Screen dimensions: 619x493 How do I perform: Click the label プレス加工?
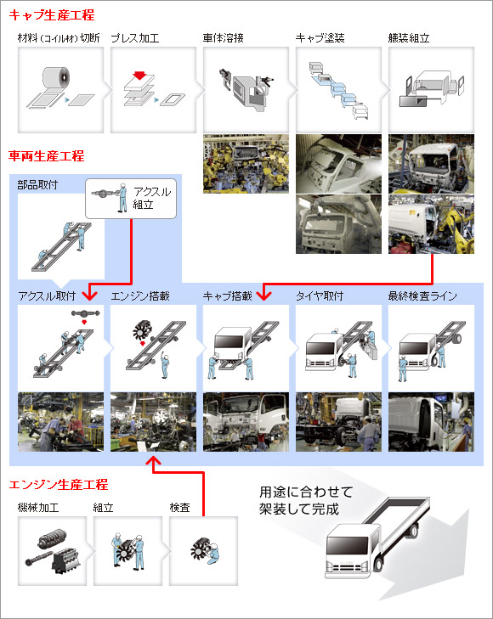click(134, 39)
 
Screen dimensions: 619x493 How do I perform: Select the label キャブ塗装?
click(320, 39)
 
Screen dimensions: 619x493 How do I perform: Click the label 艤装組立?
click(411, 39)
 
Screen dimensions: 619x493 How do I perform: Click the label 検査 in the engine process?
click(178, 508)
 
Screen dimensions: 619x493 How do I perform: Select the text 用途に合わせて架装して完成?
click(304, 501)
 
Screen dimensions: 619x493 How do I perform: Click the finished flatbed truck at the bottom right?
click(374, 548)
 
